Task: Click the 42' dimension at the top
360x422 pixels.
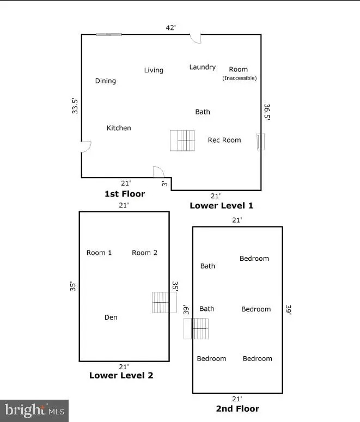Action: point(171,27)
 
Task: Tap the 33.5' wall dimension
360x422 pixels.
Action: point(76,105)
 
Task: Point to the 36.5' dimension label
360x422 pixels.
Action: point(267,112)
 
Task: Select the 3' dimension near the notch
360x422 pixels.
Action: point(164,184)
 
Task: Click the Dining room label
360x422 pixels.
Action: point(106,81)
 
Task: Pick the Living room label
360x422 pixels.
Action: point(154,70)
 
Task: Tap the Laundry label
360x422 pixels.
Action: point(203,67)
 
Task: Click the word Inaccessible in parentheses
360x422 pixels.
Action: point(239,78)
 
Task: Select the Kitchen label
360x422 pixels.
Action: point(119,128)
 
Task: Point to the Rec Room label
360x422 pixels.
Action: point(224,140)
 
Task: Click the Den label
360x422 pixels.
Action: point(111,317)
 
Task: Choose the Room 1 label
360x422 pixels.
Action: point(99,253)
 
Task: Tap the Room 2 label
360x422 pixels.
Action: point(144,253)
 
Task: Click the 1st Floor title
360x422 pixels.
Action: point(125,194)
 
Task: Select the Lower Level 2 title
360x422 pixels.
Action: point(121,375)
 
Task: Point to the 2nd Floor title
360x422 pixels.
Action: point(237,408)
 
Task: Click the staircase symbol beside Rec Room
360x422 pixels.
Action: point(182,140)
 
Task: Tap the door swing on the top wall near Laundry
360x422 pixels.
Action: point(196,38)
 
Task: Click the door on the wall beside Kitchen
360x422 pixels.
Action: point(86,146)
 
